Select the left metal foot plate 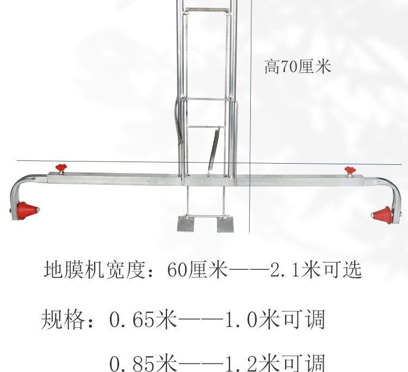188,224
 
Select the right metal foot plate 225,224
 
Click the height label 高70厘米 297,67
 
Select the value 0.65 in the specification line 131,319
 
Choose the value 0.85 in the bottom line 131,362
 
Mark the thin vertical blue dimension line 251,109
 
